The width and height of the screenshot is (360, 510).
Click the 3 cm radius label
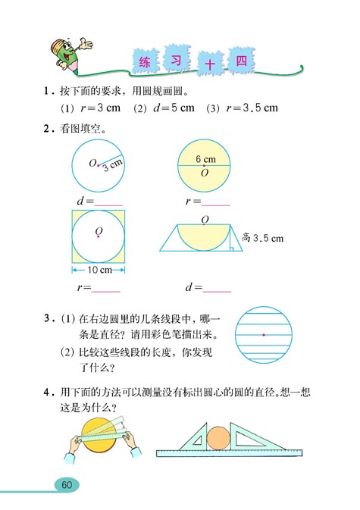point(112,163)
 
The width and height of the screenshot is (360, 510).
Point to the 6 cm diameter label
point(205,159)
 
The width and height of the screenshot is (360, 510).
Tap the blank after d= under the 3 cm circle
point(109,203)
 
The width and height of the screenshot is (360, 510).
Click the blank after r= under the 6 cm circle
point(217,203)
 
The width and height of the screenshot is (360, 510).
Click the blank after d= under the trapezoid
point(218,289)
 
